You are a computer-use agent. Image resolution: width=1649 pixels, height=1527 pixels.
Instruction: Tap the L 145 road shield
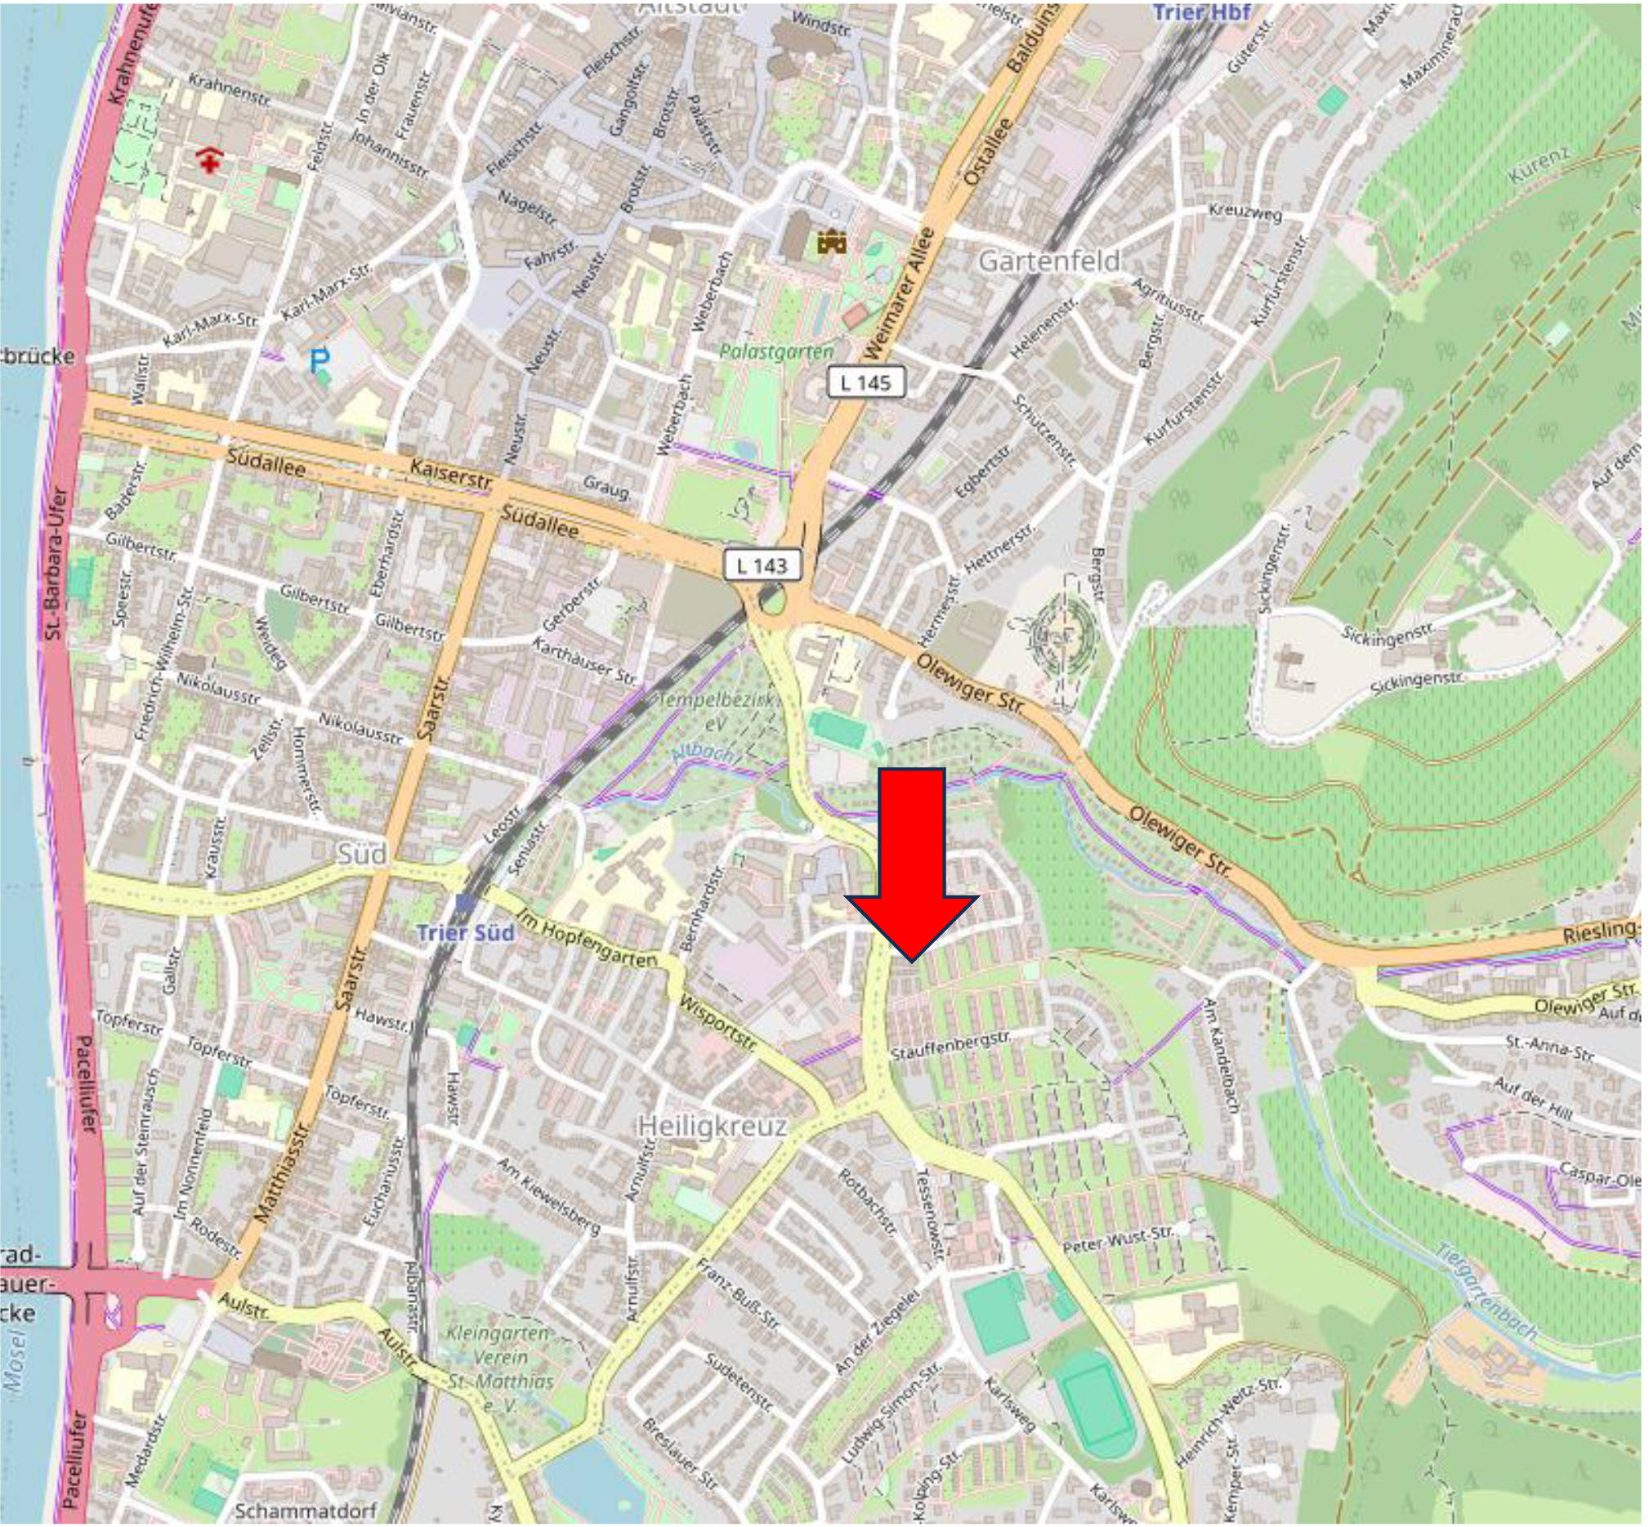pyautogui.click(x=865, y=382)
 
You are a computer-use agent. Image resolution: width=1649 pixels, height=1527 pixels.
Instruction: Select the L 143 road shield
pyautogui.click(x=762, y=565)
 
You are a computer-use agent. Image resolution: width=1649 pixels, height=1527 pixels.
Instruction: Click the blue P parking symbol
pyautogui.click(x=319, y=360)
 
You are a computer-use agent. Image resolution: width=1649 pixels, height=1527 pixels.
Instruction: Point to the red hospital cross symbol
pyautogui.click(x=210, y=160)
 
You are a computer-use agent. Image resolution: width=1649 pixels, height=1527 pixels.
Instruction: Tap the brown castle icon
pyautogui.click(x=832, y=242)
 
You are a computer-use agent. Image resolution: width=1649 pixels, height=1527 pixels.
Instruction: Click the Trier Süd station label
pyautogui.click(x=465, y=932)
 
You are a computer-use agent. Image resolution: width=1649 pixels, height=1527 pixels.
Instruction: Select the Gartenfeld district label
pyautogui.click(x=1050, y=261)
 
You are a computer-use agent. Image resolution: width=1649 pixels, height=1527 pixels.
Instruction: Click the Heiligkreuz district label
pyautogui.click(x=713, y=1126)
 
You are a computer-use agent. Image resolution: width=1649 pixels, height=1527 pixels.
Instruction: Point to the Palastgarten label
pyautogui.click(x=776, y=352)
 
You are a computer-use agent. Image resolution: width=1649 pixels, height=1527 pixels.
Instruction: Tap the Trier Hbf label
pyautogui.click(x=1201, y=12)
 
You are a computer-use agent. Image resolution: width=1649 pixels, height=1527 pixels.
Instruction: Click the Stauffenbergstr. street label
pyautogui.click(x=950, y=1046)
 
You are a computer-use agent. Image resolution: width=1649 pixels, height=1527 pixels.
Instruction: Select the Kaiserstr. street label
pyautogui.click(x=450, y=474)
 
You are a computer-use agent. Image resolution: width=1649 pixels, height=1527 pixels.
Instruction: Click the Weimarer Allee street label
pyautogui.click(x=898, y=294)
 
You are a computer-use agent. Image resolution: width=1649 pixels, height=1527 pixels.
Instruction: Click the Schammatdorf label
pyautogui.click(x=306, y=1510)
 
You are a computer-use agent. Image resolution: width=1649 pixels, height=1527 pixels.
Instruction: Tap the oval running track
pyautogui.click(x=1097, y=1406)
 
